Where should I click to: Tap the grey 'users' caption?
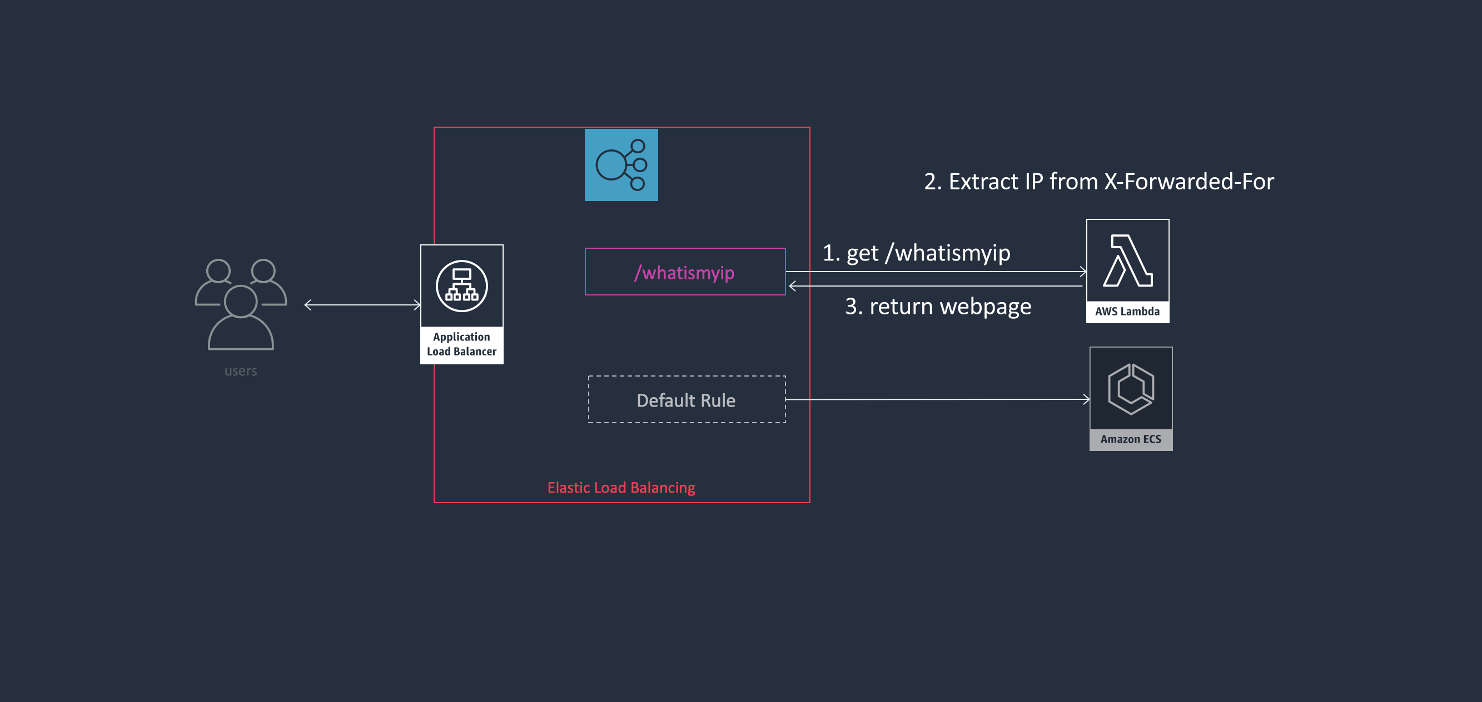pyautogui.click(x=241, y=371)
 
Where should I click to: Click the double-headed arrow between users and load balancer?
pyautogui.click(x=362, y=305)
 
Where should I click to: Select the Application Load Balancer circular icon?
pyautogui.click(x=461, y=286)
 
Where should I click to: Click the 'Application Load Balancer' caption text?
pyautogui.click(x=461, y=344)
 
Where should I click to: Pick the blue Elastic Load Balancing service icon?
pyautogui.click(x=621, y=165)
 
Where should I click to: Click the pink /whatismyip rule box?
pyautogui.click(x=685, y=272)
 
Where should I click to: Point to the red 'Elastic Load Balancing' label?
pyautogui.click(x=621, y=488)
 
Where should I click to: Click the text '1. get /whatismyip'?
pyautogui.click(x=916, y=253)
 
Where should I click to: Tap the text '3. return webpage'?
pyautogui.click(x=938, y=307)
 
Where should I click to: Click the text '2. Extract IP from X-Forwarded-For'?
pyautogui.click(x=1098, y=182)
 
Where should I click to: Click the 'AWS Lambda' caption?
pyautogui.click(x=1127, y=312)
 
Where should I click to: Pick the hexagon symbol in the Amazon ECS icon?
pyautogui.click(x=1131, y=389)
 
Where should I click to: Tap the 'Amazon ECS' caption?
pyautogui.click(x=1131, y=439)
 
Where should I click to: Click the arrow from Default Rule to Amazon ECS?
pyautogui.click(x=938, y=399)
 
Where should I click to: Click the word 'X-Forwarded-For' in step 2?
pyautogui.click(x=1188, y=182)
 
